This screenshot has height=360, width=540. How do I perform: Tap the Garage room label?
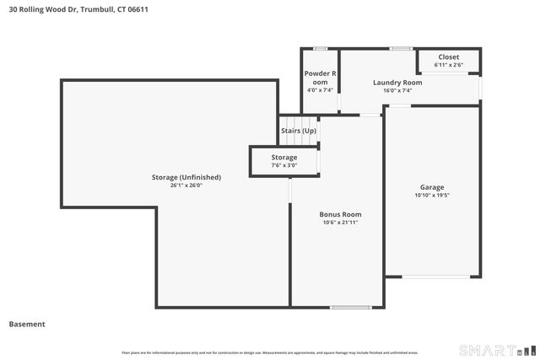pos(432,187)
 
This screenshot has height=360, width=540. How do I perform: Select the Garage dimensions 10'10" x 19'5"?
pos(432,195)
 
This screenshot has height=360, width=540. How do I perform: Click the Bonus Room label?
pos(340,214)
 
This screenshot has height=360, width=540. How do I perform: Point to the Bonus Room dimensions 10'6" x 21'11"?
pos(340,223)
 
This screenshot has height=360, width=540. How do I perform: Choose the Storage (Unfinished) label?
pos(186,177)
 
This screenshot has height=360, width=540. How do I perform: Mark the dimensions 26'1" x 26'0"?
pos(186,185)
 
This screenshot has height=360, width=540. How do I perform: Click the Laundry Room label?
pos(397,83)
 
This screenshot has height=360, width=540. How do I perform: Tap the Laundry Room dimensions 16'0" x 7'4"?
pos(397,90)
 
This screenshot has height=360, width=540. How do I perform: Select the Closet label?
pos(449,56)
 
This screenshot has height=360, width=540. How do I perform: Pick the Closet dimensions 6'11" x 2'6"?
pos(449,64)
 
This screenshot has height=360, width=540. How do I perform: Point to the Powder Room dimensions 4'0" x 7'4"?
pos(319,90)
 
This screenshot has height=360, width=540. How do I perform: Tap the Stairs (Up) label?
pos(299,131)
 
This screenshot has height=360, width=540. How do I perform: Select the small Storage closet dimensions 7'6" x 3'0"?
pos(284,165)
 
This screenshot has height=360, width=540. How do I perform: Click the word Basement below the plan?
pos(27,324)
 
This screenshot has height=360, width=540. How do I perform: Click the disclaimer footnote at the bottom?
pos(269,352)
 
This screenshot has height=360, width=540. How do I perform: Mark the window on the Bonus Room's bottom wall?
pos(351,307)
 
